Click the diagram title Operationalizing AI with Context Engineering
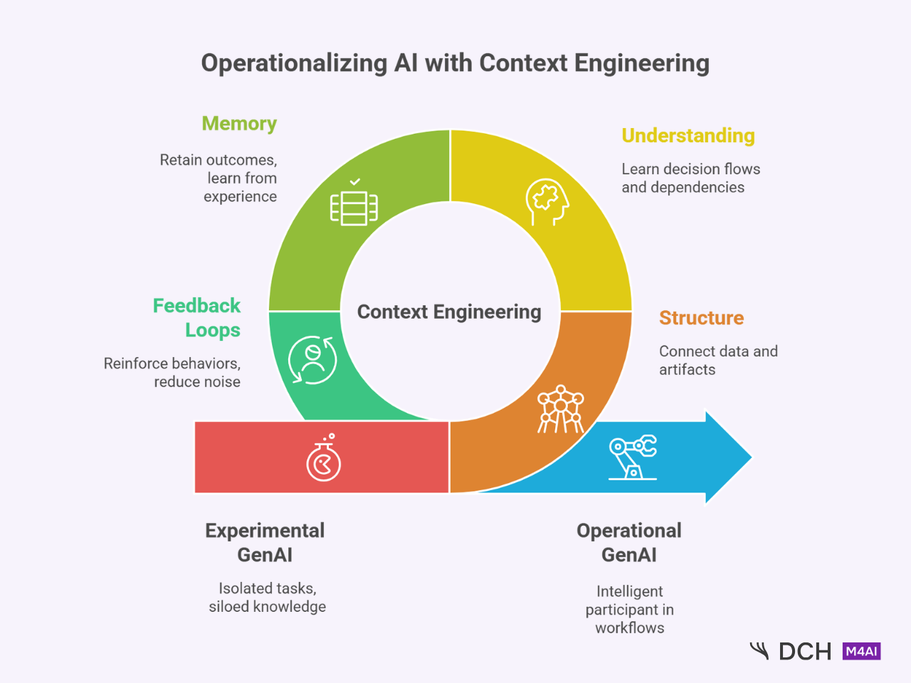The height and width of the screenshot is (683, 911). [455, 63]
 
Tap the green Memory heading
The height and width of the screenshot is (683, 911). [239, 124]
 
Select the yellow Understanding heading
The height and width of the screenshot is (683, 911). [688, 136]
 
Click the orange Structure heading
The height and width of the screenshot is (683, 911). [701, 318]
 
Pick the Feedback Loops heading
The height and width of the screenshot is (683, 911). [197, 318]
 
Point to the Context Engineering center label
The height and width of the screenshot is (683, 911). [449, 312]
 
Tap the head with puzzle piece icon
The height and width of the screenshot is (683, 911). [547, 202]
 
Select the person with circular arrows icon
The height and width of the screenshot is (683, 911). [312, 360]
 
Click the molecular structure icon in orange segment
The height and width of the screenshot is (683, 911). [561, 410]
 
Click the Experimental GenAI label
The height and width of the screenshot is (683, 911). [265, 543]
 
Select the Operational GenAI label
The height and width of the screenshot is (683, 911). [629, 543]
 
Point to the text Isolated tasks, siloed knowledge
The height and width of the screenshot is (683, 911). [268, 598]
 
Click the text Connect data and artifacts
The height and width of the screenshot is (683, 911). [718, 361]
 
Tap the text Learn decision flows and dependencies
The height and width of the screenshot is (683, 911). [690, 179]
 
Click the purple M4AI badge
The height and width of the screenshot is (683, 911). [861, 651]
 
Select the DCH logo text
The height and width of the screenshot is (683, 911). [805, 652]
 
